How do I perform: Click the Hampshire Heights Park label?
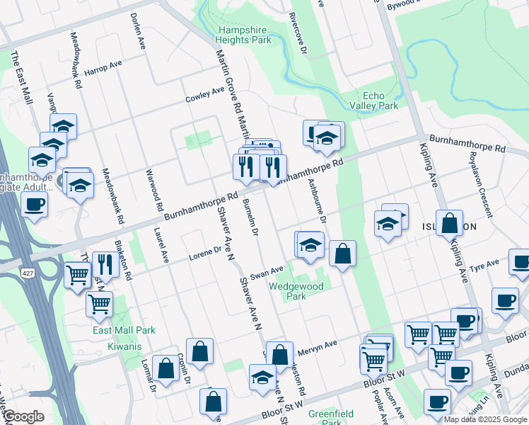click(x=244, y=35)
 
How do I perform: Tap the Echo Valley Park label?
click(x=380, y=101)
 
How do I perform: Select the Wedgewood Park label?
click(x=296, y=291)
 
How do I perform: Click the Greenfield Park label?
click(x=330, y=417)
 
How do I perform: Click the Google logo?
click(x=23, y=416)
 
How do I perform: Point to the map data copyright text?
click(x=485, y=419)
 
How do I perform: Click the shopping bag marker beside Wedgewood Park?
click(x=342, y=254)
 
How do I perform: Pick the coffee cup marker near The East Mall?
click(x=34, y=205)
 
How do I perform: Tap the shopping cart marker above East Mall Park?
click(x=100, y=304)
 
